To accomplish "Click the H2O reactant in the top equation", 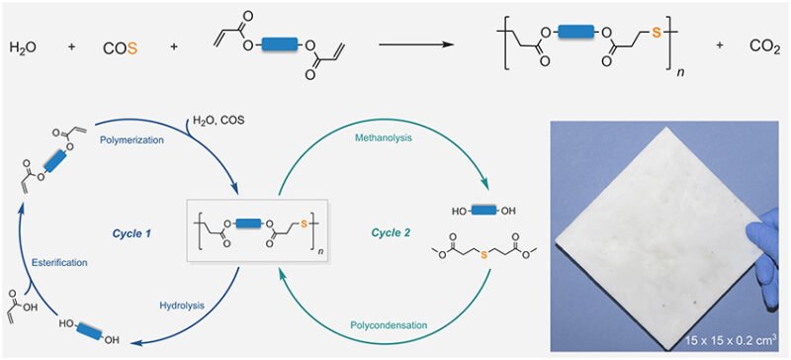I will click(23, 46).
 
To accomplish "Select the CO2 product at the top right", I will click(760, 46).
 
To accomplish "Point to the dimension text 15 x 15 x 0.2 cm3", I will click(722, 341).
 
